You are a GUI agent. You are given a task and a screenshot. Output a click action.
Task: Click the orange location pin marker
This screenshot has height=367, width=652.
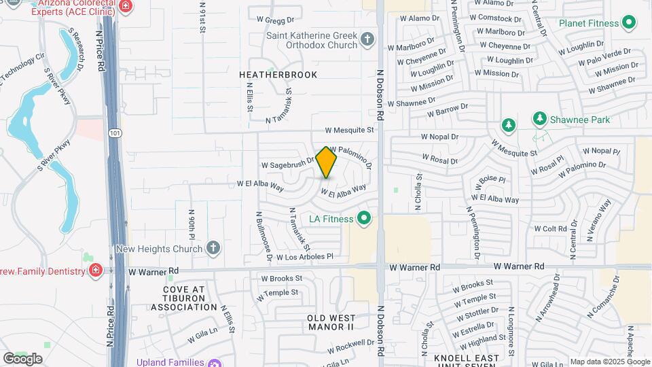coord(327,162)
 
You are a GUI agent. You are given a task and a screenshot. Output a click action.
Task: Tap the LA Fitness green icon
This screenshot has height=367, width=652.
coord(363,218)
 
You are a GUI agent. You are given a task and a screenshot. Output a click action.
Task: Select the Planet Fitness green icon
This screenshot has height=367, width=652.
coord(629,22)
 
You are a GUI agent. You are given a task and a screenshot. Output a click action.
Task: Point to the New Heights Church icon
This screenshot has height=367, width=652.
coord(213,247)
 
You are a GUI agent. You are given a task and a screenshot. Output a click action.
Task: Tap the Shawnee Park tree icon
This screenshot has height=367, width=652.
coord(539,120)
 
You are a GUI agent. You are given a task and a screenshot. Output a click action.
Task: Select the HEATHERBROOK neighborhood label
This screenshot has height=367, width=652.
coord(278,75)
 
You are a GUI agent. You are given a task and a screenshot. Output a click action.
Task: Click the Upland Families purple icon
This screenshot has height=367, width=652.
coord(215,362)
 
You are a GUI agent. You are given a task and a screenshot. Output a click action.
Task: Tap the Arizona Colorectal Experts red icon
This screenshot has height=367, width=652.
coord(125,6)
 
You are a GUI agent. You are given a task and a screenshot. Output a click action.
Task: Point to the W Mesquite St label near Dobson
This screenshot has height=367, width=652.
coord(349,129)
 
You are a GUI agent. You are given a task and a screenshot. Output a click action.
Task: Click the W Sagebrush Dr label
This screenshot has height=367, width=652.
coord(287,164)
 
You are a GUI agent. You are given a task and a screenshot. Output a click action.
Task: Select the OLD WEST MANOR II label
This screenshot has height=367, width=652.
coord(331,323)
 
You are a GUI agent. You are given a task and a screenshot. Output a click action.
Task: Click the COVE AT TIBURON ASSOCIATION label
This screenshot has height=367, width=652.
coord(183,298)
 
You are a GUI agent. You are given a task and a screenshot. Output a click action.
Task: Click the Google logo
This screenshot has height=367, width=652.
coord(22,358)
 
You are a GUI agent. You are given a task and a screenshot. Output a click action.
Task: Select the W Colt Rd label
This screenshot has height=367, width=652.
coord(550,229)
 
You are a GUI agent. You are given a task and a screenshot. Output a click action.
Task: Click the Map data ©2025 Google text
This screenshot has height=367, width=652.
coord(609,362)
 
